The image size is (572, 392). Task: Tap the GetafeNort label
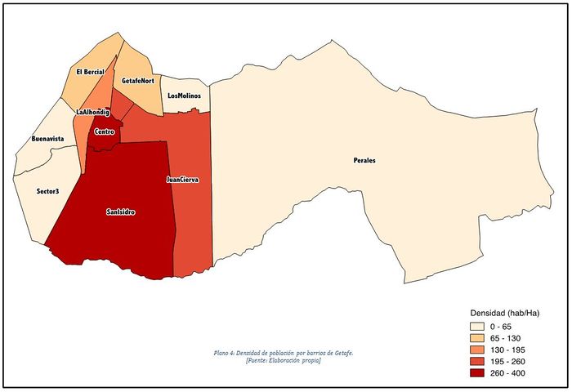click(138, 81)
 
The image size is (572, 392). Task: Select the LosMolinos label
click(184, 96)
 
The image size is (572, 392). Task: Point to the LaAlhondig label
click(92, 112)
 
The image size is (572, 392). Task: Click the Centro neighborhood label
click(104, 131)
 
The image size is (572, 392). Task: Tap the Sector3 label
click(47, 191)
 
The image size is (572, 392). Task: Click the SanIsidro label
click(121, 212)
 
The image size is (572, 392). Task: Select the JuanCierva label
click(182, 179)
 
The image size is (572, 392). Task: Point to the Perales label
click(364, 160)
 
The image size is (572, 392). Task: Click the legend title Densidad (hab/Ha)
click(503, 313)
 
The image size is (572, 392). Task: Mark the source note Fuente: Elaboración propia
click(283, 360)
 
